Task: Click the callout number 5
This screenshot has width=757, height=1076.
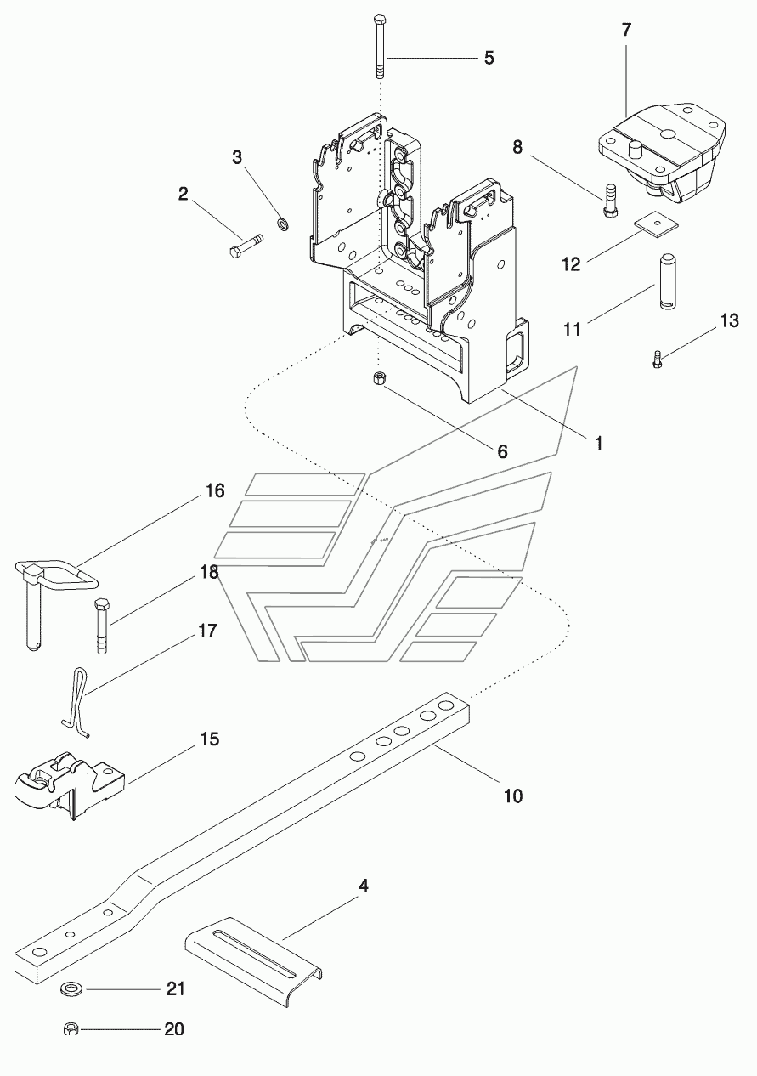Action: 489,58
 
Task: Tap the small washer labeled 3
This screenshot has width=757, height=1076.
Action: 283,224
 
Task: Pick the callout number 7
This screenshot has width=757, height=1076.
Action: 626,30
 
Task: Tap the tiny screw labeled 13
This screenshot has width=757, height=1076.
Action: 657,360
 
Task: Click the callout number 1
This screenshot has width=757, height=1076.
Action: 598,443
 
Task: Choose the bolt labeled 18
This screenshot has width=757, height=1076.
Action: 101,626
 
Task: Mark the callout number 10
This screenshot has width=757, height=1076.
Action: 512,796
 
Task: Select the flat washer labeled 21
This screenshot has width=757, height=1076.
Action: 72,989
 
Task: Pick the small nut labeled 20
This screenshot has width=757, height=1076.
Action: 71,1029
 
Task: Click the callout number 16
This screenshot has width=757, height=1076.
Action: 215,490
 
